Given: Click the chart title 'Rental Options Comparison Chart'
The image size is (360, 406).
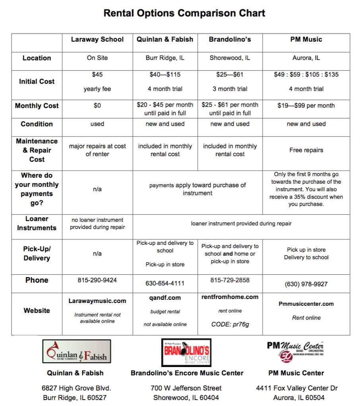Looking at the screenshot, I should (x=184, y=13).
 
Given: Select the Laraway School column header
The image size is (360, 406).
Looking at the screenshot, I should (x=97, y=39).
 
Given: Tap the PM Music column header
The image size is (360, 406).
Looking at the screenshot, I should (x=306, y=39).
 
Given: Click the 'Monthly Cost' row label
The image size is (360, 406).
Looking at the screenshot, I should (x=37, y=106).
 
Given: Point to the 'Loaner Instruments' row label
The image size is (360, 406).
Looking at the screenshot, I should (x=37, y=223).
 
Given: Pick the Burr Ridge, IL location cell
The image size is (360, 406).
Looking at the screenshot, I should (x=165, y=58).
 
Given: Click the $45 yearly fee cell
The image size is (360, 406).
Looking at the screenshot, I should (x=97, y=82).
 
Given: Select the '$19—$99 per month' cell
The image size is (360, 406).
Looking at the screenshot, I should (x=306, y=106).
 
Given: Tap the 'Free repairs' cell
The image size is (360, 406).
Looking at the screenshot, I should (x=306, y=150).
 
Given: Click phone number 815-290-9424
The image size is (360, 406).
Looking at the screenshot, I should (x=97, y=280).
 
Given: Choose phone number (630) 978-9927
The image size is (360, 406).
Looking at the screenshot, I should (x=306, y=284).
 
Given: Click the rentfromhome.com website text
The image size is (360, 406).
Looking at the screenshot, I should (x=230, y=297).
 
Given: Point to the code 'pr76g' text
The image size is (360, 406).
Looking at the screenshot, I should (x=230, y=324).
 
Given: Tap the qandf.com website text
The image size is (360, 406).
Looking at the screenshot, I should (x=165, y=298).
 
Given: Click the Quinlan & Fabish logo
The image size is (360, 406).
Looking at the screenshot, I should (x=77, y=352).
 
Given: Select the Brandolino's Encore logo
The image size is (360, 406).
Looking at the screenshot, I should (x=186, y=352).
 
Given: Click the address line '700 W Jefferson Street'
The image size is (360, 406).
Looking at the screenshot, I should (x=186, y=388).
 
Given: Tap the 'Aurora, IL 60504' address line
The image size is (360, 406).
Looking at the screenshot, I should (x=296, y=398).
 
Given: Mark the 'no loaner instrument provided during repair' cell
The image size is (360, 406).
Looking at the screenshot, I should (x=97, y=223).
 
